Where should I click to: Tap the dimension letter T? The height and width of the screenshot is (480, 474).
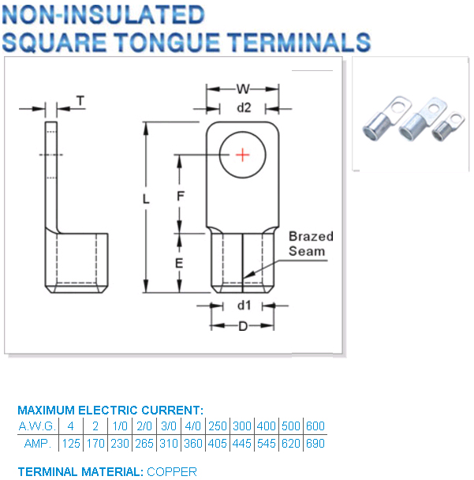point(80,100)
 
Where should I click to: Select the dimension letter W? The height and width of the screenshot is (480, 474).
point(243,88)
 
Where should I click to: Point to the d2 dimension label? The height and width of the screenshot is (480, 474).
point(243,107)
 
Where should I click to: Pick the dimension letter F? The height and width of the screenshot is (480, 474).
point(180,195)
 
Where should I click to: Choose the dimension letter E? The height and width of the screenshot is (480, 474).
point(180,264)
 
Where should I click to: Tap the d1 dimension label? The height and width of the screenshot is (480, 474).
point(243,305)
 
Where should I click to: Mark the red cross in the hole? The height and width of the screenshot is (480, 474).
point(243,154)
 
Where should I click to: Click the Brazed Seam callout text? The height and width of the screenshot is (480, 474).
point(310,243)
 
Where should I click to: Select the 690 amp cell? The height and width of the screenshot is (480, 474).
point(315,443)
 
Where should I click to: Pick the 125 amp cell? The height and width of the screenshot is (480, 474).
point(71,443)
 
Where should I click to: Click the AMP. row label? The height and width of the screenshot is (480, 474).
point(37,443)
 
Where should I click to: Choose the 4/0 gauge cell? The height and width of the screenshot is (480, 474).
point(192,426)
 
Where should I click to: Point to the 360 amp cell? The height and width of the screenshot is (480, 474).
point(192,443)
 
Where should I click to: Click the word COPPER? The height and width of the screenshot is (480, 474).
point(171,471)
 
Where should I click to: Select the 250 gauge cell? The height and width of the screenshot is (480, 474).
point(217,426)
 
